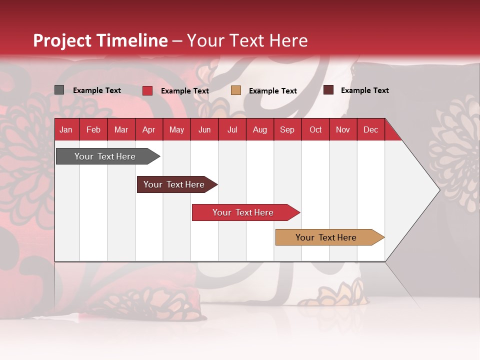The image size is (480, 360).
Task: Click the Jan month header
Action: tap(66, 129)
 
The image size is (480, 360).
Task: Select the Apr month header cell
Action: tap(148, 129)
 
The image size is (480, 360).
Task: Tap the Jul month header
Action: tap(232, 129)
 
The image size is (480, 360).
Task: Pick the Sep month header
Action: tap(287, 129)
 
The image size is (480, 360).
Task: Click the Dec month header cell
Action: tap(370, 129)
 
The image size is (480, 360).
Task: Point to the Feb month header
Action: tap(93, 129)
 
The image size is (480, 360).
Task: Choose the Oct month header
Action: tap(315, 129)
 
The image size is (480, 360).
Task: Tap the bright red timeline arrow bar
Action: tap(243, 212)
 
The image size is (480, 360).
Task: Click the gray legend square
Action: tap(59, 90)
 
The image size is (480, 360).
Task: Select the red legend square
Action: tap(147, 90)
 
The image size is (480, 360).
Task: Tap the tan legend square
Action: tap(236, 90)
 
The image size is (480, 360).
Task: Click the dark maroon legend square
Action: tap(328, 90)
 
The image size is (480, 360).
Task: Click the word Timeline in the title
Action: tap(131, 40)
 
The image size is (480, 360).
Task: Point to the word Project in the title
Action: tap(62, 40)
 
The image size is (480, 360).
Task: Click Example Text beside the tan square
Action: tap(273, 91)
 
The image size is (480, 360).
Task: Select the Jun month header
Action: tap(204, 129)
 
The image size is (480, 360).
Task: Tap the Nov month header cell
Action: tap(343, 129)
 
